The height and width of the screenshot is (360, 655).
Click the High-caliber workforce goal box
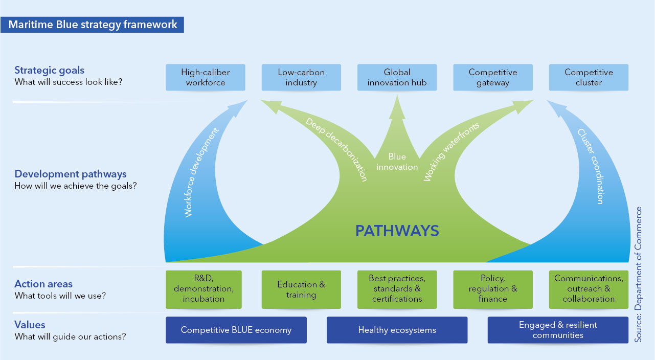206,77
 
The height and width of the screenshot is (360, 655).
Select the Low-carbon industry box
301,77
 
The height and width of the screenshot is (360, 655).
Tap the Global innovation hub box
397,77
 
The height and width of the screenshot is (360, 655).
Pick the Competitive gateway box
493,77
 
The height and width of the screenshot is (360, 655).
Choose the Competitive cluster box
589,77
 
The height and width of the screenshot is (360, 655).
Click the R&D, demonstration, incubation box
204,289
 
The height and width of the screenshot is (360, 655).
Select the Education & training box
301,289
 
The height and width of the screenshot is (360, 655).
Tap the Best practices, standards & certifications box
397,289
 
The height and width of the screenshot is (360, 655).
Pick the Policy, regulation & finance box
493,289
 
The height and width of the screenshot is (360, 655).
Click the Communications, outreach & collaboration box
589,289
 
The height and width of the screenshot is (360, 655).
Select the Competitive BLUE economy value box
236,330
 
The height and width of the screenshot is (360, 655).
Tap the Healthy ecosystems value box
397,330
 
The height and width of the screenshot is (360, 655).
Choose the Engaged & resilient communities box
558,330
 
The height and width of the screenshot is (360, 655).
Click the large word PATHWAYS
397,231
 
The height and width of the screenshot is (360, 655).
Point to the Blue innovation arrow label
397,162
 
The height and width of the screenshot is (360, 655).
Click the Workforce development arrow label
202,172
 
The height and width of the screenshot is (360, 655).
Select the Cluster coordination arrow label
592,166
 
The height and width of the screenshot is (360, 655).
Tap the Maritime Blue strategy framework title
93,24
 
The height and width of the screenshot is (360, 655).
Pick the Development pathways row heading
71,174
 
